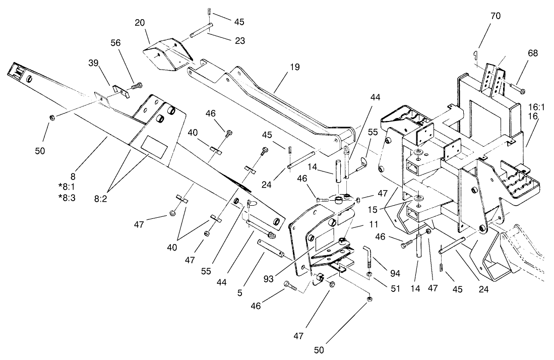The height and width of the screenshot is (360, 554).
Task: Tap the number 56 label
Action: click(x=115, y=43)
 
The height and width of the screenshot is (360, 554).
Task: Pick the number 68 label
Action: click(x=532, y=53)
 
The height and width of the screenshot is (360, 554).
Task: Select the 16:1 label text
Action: click(x=537, y=107)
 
